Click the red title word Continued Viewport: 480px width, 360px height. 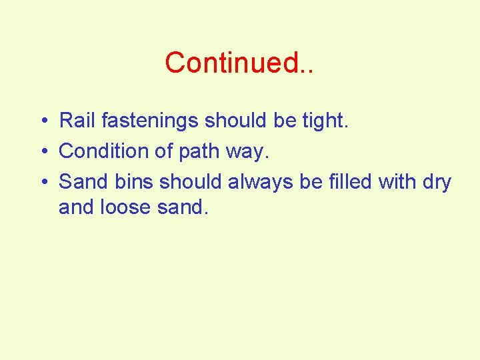[239, 63]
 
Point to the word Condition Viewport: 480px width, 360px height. [104, 151]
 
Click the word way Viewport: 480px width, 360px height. [248, 151]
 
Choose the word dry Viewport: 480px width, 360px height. [437, 181]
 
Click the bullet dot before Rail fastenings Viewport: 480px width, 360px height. [42, 121]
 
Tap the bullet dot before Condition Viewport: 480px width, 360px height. [42, 152]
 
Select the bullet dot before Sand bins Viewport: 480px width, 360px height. [42, 182]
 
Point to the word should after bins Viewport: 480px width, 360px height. [191, 181]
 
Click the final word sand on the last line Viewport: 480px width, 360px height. [183, 208]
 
